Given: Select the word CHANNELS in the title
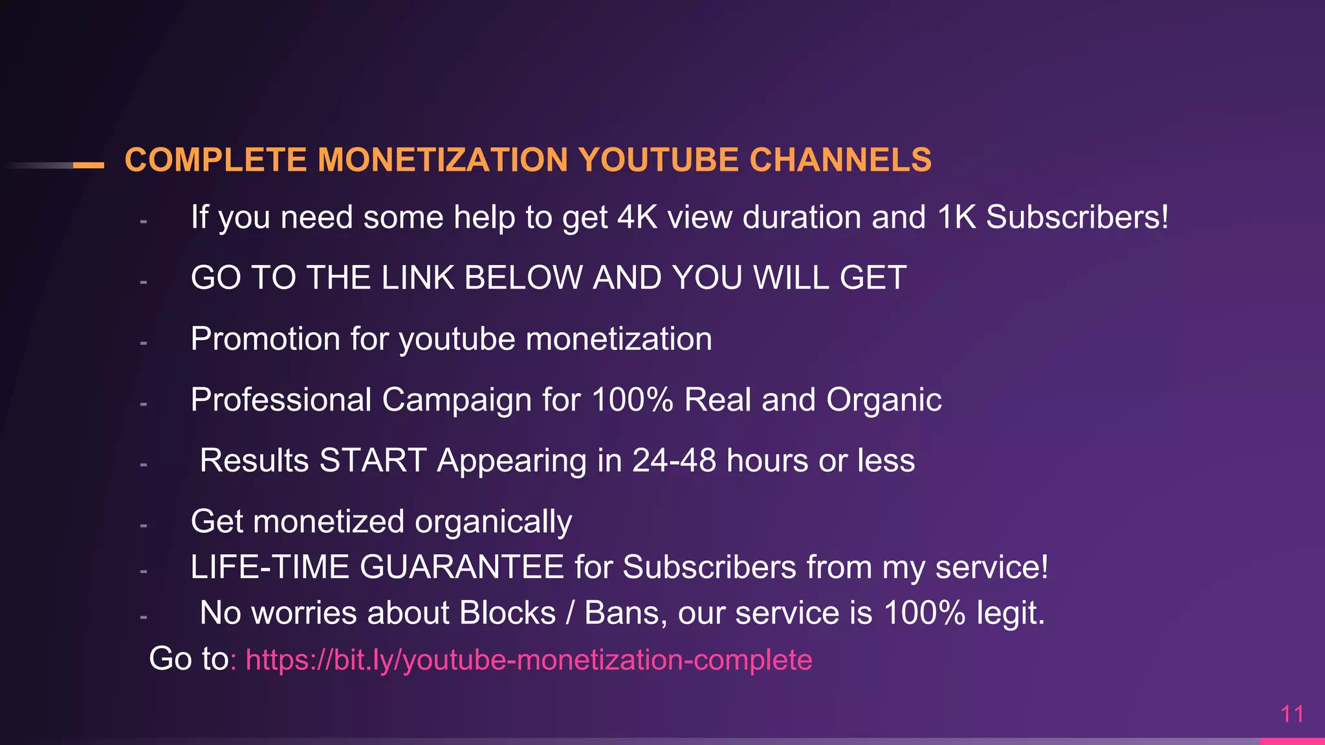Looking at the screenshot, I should [x=840, y=160].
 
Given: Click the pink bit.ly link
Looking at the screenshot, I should [x=529, y=660].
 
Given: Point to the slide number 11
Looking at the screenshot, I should [x=1292, y=714].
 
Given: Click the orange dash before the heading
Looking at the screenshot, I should [x=89, y=166].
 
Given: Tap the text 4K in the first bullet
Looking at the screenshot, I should [x=637, y=217].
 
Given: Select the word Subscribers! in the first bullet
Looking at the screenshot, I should [x=1077, y=217].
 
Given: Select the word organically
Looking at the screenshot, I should [x=493, y=522].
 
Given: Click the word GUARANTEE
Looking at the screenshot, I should [x=462, y=567].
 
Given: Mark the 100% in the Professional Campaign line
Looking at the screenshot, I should [x=632, y=400].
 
